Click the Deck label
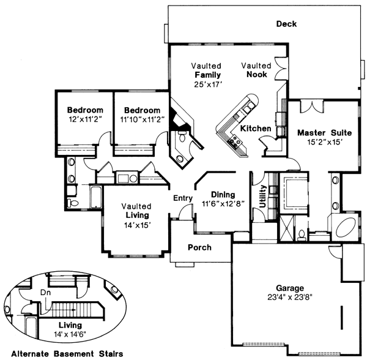point(286,24)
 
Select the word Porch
point(199,248)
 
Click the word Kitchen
point(255,129)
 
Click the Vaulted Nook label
point(256,70)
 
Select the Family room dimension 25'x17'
point(207,84)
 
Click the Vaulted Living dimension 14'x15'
point(136,225)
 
